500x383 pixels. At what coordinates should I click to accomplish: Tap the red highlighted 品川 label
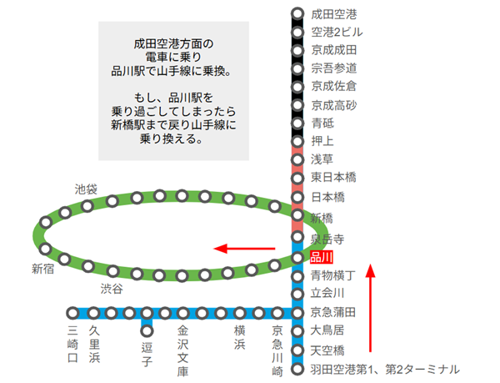[x=321, y=257]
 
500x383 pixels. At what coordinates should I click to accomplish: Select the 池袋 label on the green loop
[x=86, y=189]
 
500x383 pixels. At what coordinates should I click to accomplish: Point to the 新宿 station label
[x=43, y=269]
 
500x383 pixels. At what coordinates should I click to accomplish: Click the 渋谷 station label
[x=111, y=288]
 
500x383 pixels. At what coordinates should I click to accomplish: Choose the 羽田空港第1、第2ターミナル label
[x=384, y=368]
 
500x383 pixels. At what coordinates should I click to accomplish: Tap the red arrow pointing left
[x=244, y=248]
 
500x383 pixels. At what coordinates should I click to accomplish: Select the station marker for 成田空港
[x=297, y=14]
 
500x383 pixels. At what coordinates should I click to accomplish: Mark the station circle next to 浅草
[x=297, y=159]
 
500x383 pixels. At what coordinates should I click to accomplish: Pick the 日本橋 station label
[x=327, y=197]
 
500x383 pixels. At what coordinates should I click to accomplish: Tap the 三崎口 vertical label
[x=72, y=345]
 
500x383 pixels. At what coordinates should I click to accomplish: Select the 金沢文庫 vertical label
[x=183, y=350]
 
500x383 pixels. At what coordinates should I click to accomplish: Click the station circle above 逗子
[x=147, y=331]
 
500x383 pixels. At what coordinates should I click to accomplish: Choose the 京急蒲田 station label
[x=333, y=312]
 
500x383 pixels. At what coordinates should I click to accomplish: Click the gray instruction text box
[x=173, y=91]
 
